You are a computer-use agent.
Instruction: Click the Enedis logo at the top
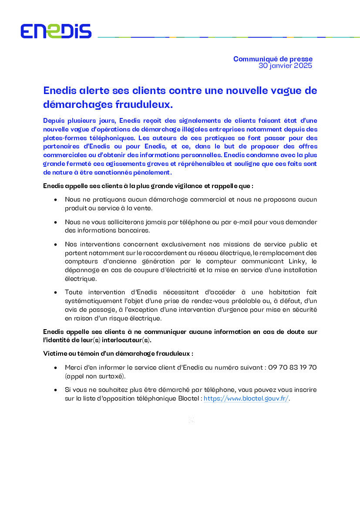(x=56, y=31)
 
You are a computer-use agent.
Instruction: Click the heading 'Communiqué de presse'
(x=273, y=59)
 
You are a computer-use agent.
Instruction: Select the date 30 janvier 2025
(x=285, y=66)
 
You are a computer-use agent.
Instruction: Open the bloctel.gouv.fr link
(x=246, y=399)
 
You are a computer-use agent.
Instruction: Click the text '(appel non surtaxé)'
(x=95, y=376)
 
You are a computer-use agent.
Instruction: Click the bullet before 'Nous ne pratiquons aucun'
(x=55, y=199)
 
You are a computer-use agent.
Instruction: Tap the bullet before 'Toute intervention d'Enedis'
(x=55, y=292)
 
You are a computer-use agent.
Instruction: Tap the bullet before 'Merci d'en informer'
(x=55, y=367)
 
